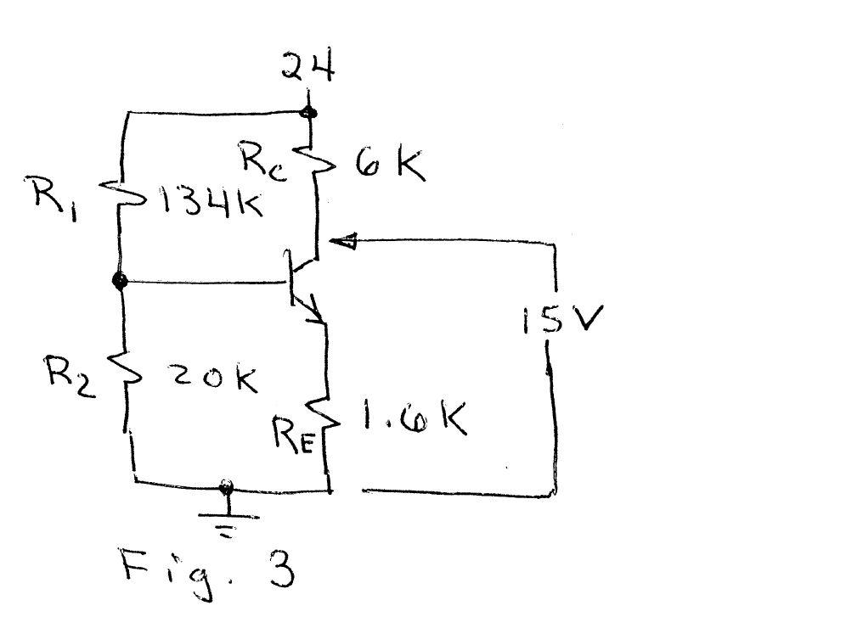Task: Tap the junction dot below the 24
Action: [x=309, y=112]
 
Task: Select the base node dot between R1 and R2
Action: [x=120, y=281]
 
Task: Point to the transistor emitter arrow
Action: [x=315, y=314]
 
